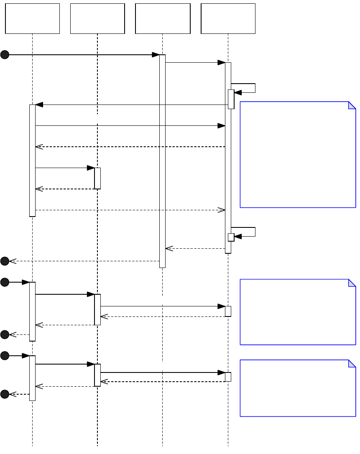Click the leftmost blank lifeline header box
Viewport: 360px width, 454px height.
pyautogui.click(x=32, y=18)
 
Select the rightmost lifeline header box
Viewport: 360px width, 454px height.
pyautogui.click(x=228, y=18)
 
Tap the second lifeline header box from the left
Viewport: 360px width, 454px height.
pyautogui.click(x=97, y=18)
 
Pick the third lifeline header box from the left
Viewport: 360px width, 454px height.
pyautogui.click(x=163, y=18)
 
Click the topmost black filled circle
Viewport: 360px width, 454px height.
pyautogui.click(x=5, y=55)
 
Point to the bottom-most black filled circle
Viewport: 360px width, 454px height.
pyautogui.click(x=5, y=394)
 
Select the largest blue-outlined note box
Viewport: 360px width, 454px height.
pyautogui.click(x=298, y=154)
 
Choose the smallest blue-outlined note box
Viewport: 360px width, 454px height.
pyautogui.click(x=298, y=388)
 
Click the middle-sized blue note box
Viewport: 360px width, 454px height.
pyautogui.click(x=298, y=312)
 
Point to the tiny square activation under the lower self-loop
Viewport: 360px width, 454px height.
pyautogui.click(x=231, y=237)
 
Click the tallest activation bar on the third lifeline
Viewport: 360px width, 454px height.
pyautogui.click(x=162, y=161)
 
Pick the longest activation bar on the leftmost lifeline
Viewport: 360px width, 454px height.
pyautogui.click(x=32, y=161)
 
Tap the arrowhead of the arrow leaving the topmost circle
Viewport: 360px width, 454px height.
pyautogui.click(x=156, y=55)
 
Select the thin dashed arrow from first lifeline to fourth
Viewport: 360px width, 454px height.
pyautogui.click(x=130, y=210)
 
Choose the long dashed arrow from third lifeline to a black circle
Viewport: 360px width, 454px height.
pyautogui.click(x=84, y=261)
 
